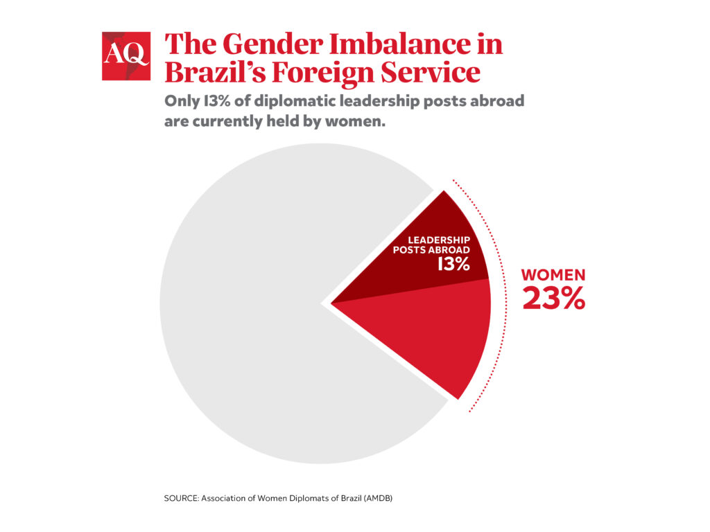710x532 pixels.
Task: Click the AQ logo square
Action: (125, 56)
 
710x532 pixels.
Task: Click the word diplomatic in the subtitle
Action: (286, 101)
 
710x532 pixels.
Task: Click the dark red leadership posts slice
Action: (430, 277)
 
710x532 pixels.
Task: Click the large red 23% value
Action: (553, 298)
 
